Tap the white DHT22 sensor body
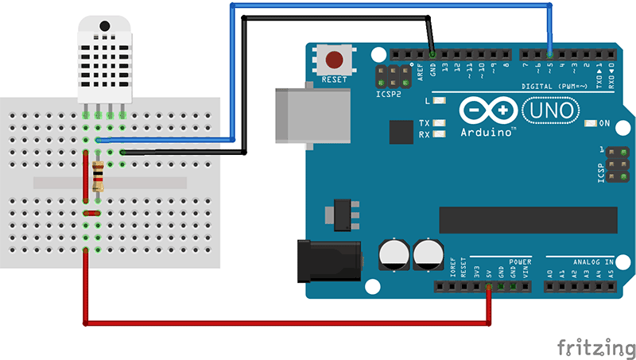pos(103,60)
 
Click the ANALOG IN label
pos(592,261)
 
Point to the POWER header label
pos(520,261)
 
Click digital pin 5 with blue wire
pos(550,53)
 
